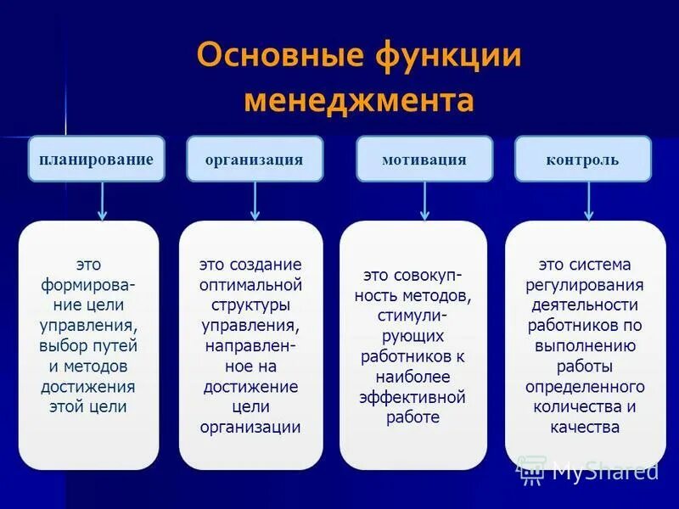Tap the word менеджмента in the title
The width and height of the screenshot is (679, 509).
pos(358,101)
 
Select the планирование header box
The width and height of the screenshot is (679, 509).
pos(96,159)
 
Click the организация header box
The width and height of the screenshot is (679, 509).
pos(255,159)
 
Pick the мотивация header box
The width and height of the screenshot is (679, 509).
pos(424,159)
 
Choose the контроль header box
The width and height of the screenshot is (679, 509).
pos(582,159)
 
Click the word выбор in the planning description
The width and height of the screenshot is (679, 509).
pos(62,345)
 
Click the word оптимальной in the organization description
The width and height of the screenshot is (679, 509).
pos(250,284)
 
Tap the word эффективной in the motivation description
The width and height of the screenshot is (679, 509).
pos(412,396)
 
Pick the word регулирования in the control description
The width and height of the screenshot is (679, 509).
pos(586,284)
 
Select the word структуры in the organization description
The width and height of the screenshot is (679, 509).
pos(250,305)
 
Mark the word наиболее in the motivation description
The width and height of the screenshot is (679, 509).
pos(412,376)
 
